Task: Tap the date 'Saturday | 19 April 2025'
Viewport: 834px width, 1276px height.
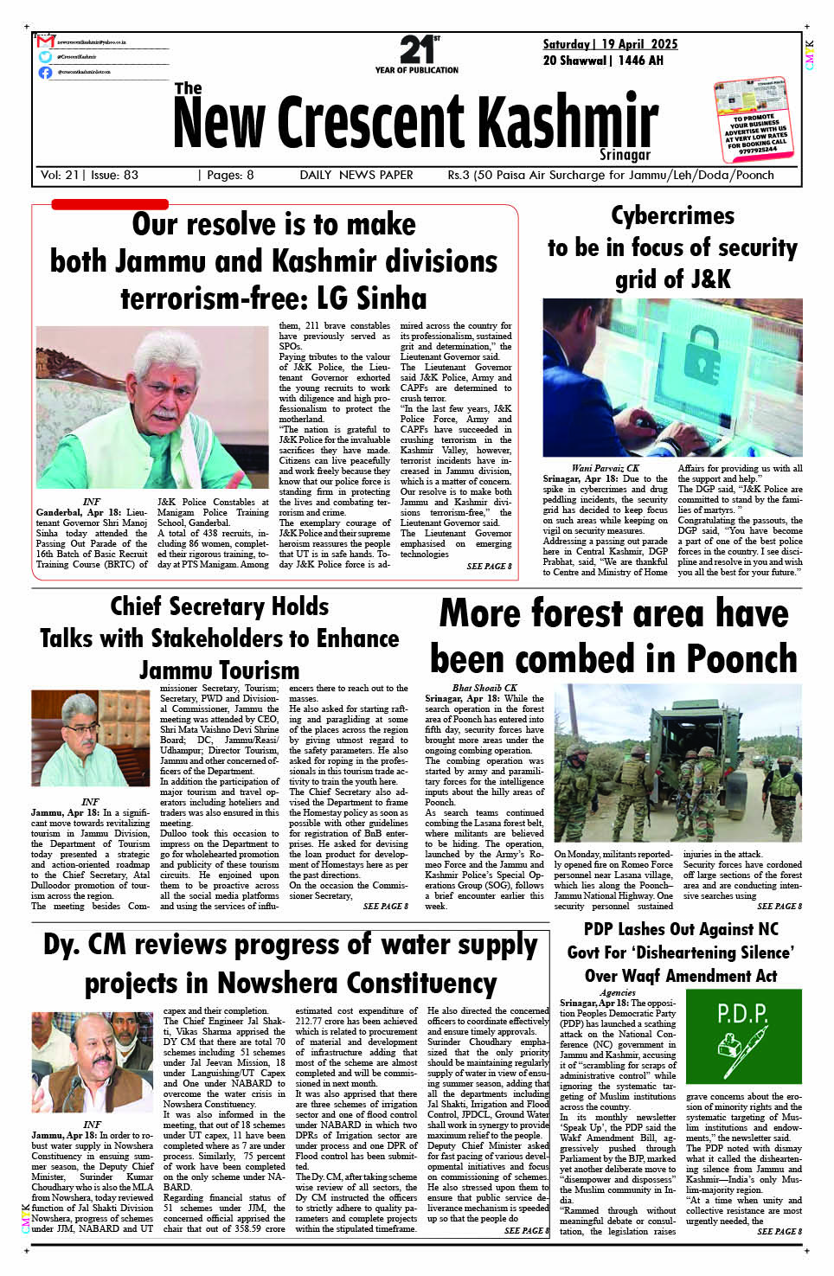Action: pos(610,44)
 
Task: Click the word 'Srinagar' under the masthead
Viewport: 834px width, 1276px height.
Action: pos(624,155)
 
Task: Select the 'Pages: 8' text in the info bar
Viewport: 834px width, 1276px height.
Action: pos(226,175)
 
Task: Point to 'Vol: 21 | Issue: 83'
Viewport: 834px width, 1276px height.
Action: pos(89,175)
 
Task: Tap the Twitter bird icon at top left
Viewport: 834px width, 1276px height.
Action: pos(45,57)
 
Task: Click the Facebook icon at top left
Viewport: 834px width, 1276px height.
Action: pos(45,72)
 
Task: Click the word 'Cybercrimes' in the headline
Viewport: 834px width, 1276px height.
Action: pos(672,215)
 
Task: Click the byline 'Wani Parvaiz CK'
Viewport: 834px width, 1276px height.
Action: pos(605,468)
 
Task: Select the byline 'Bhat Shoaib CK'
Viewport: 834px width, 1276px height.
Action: pos(484,689)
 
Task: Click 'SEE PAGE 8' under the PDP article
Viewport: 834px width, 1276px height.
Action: pos(779,1231)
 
